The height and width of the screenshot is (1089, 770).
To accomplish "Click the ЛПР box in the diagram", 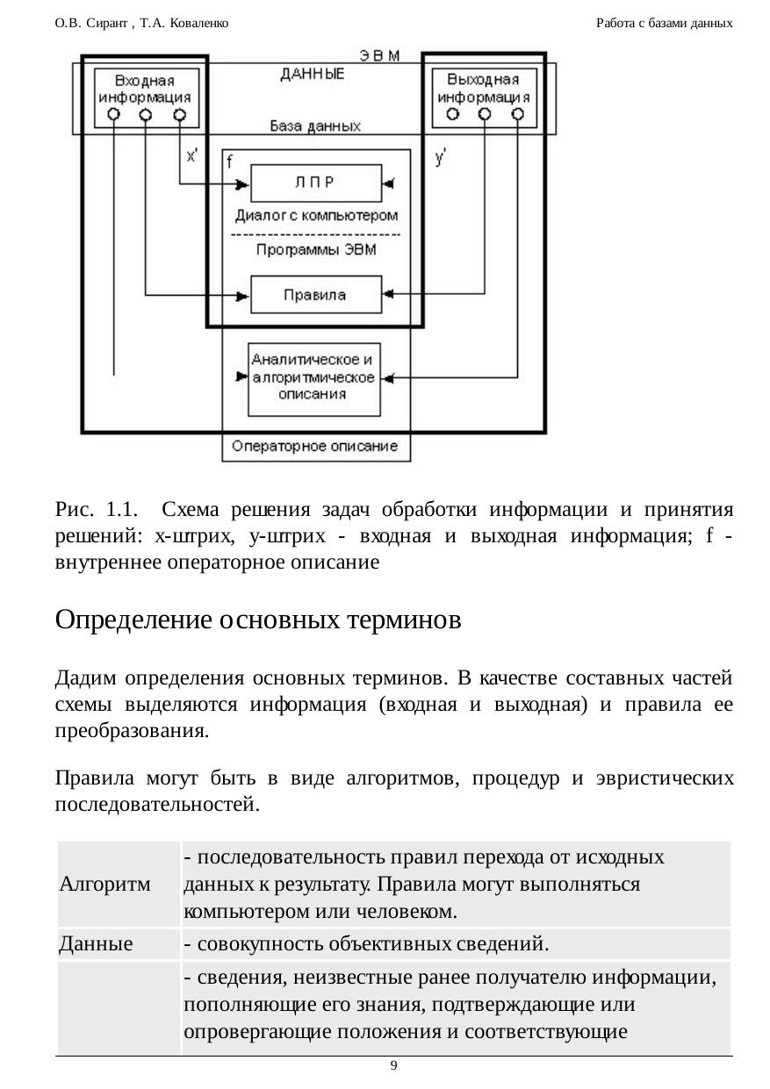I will (x=316, y=183).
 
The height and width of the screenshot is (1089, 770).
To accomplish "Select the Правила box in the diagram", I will (x=316, y=294).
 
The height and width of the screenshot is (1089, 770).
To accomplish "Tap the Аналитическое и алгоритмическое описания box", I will (x=314, y=378).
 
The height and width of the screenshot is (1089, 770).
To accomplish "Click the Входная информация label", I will (x=144, y=89).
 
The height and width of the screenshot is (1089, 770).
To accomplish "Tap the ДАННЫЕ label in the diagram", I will (x=313, y=75).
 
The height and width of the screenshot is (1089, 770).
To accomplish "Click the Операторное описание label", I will (x=315, y=446).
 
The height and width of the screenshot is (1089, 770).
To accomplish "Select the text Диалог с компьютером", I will (x=316, y=215).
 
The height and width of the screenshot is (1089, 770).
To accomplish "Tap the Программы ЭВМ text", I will (x=316, y=250).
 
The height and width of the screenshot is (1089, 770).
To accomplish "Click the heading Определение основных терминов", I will (x=258, y=620).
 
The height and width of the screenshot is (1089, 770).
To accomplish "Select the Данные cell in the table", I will (x=96, y=944).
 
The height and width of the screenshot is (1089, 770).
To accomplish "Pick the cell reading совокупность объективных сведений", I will (x=366, y=944).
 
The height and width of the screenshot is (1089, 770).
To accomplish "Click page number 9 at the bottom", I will (x=393, y=1065).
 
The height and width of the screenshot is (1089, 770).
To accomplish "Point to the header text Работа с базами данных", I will (x=664, y=23).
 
